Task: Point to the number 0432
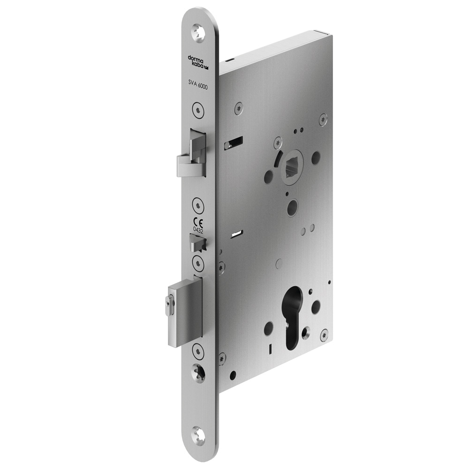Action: click(x=198, y=230)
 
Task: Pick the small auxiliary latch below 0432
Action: click(x=197, y=242)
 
